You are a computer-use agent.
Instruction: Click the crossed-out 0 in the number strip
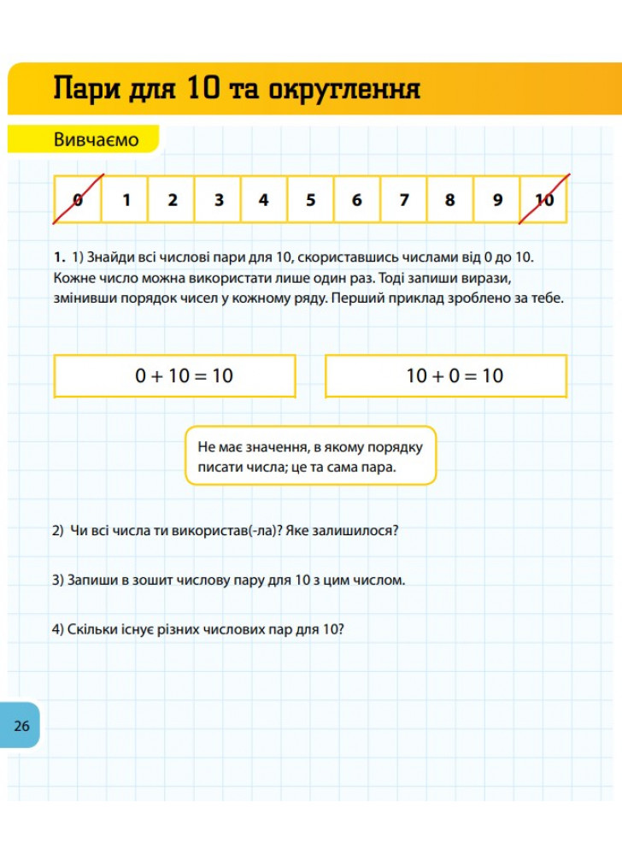point(79,200)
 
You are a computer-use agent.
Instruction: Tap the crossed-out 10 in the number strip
point(544,200)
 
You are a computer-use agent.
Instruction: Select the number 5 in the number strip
point(310,200)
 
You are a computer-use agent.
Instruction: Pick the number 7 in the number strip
point(403,200)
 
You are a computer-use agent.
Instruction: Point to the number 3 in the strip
point(219,200)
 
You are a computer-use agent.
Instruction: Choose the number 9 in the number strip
point(497,200)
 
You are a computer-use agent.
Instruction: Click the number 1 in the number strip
point(126,200)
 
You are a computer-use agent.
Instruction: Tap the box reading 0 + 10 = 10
point(175,376)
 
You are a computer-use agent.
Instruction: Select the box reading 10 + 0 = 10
point(446,376)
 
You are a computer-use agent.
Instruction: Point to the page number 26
point(21,726)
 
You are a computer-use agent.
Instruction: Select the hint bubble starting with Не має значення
point(311,456)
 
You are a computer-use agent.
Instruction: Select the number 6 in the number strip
point(356,200)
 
